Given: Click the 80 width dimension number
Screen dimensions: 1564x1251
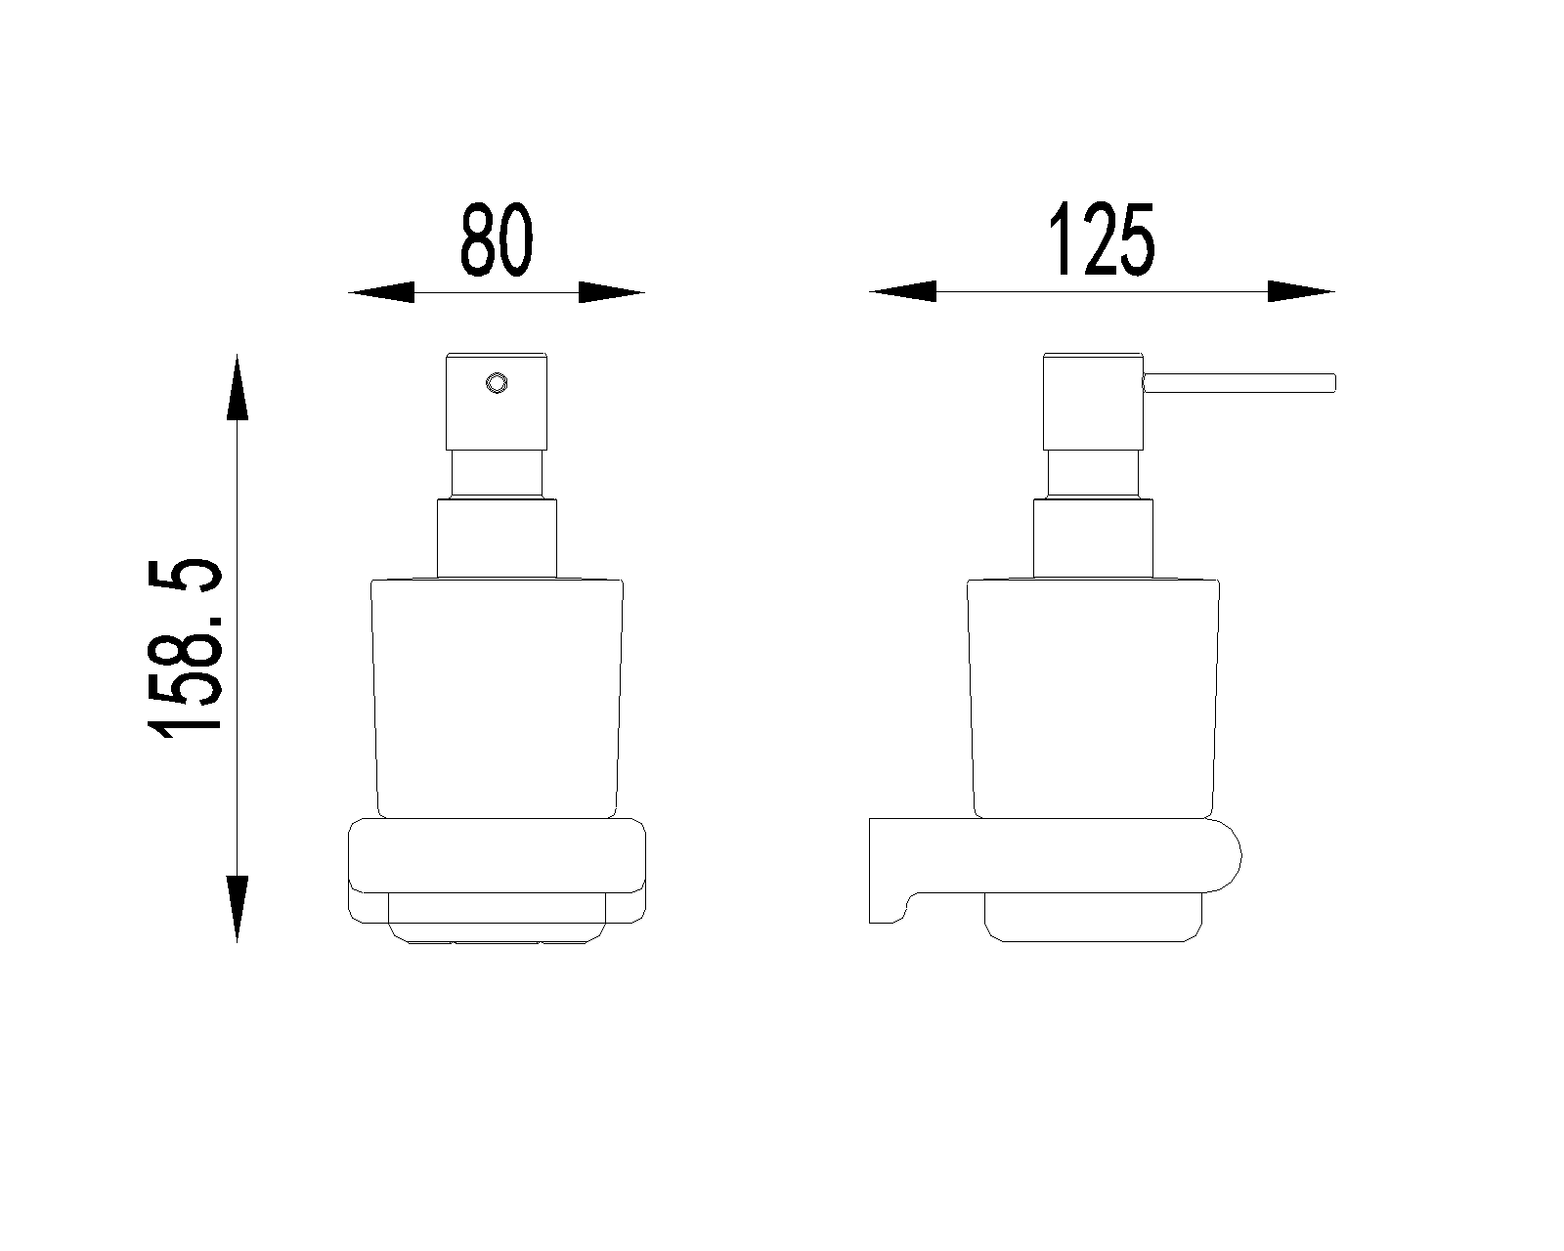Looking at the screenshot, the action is [x=498, y=239].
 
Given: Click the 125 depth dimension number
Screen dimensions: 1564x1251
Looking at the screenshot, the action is [x=1101, y=239].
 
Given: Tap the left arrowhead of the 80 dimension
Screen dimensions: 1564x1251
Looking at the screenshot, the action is [x=381, y=292].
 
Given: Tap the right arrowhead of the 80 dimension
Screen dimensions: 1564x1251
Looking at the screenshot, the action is [x=611, y=292].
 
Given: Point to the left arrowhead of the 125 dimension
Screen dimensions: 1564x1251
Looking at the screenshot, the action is [x=902, y=291].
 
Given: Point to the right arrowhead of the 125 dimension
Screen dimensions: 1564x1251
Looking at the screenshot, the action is [x=1301, y=291].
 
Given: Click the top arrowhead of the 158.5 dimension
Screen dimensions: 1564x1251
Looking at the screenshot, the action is [x=237, y=387].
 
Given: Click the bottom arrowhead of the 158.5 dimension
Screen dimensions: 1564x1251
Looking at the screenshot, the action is [x=237, y=909].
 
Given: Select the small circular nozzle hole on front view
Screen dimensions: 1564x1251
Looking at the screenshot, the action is [x=498, y=383].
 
